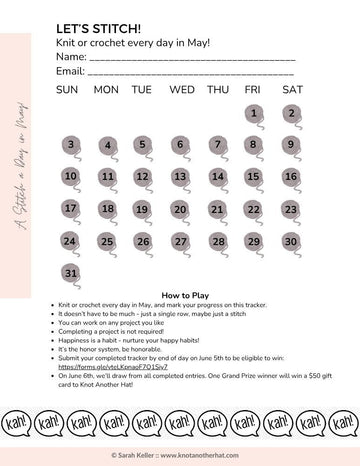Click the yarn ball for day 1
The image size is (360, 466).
(255, 114)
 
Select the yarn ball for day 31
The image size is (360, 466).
(70, 273)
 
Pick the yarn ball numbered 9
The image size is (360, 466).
(291, 145)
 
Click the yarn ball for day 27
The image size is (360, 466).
(180, 242)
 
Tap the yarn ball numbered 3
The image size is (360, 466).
(70, 146)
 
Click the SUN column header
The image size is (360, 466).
(67, 90)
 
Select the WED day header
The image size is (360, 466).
(182, 90)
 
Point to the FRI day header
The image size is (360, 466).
(253, 90)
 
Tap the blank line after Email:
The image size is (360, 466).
(190, 73)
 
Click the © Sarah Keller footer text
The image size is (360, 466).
(180, 455)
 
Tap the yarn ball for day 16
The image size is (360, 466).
(291, 177)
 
